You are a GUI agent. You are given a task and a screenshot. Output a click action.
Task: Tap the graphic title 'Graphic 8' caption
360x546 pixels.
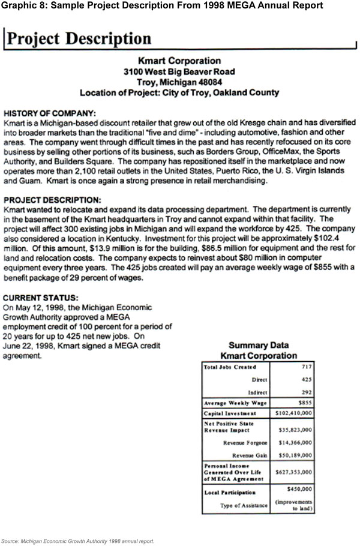click(162, 5)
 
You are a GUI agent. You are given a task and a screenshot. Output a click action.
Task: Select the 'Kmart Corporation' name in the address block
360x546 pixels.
click(179, 61)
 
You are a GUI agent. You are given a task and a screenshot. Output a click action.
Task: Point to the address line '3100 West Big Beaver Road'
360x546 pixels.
click(179, 71)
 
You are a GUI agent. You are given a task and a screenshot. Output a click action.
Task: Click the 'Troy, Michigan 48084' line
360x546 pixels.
click(179, 82)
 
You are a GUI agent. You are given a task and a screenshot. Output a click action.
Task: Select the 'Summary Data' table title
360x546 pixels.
click(259, 345)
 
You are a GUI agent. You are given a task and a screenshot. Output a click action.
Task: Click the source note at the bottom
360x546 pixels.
click(77, 540)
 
